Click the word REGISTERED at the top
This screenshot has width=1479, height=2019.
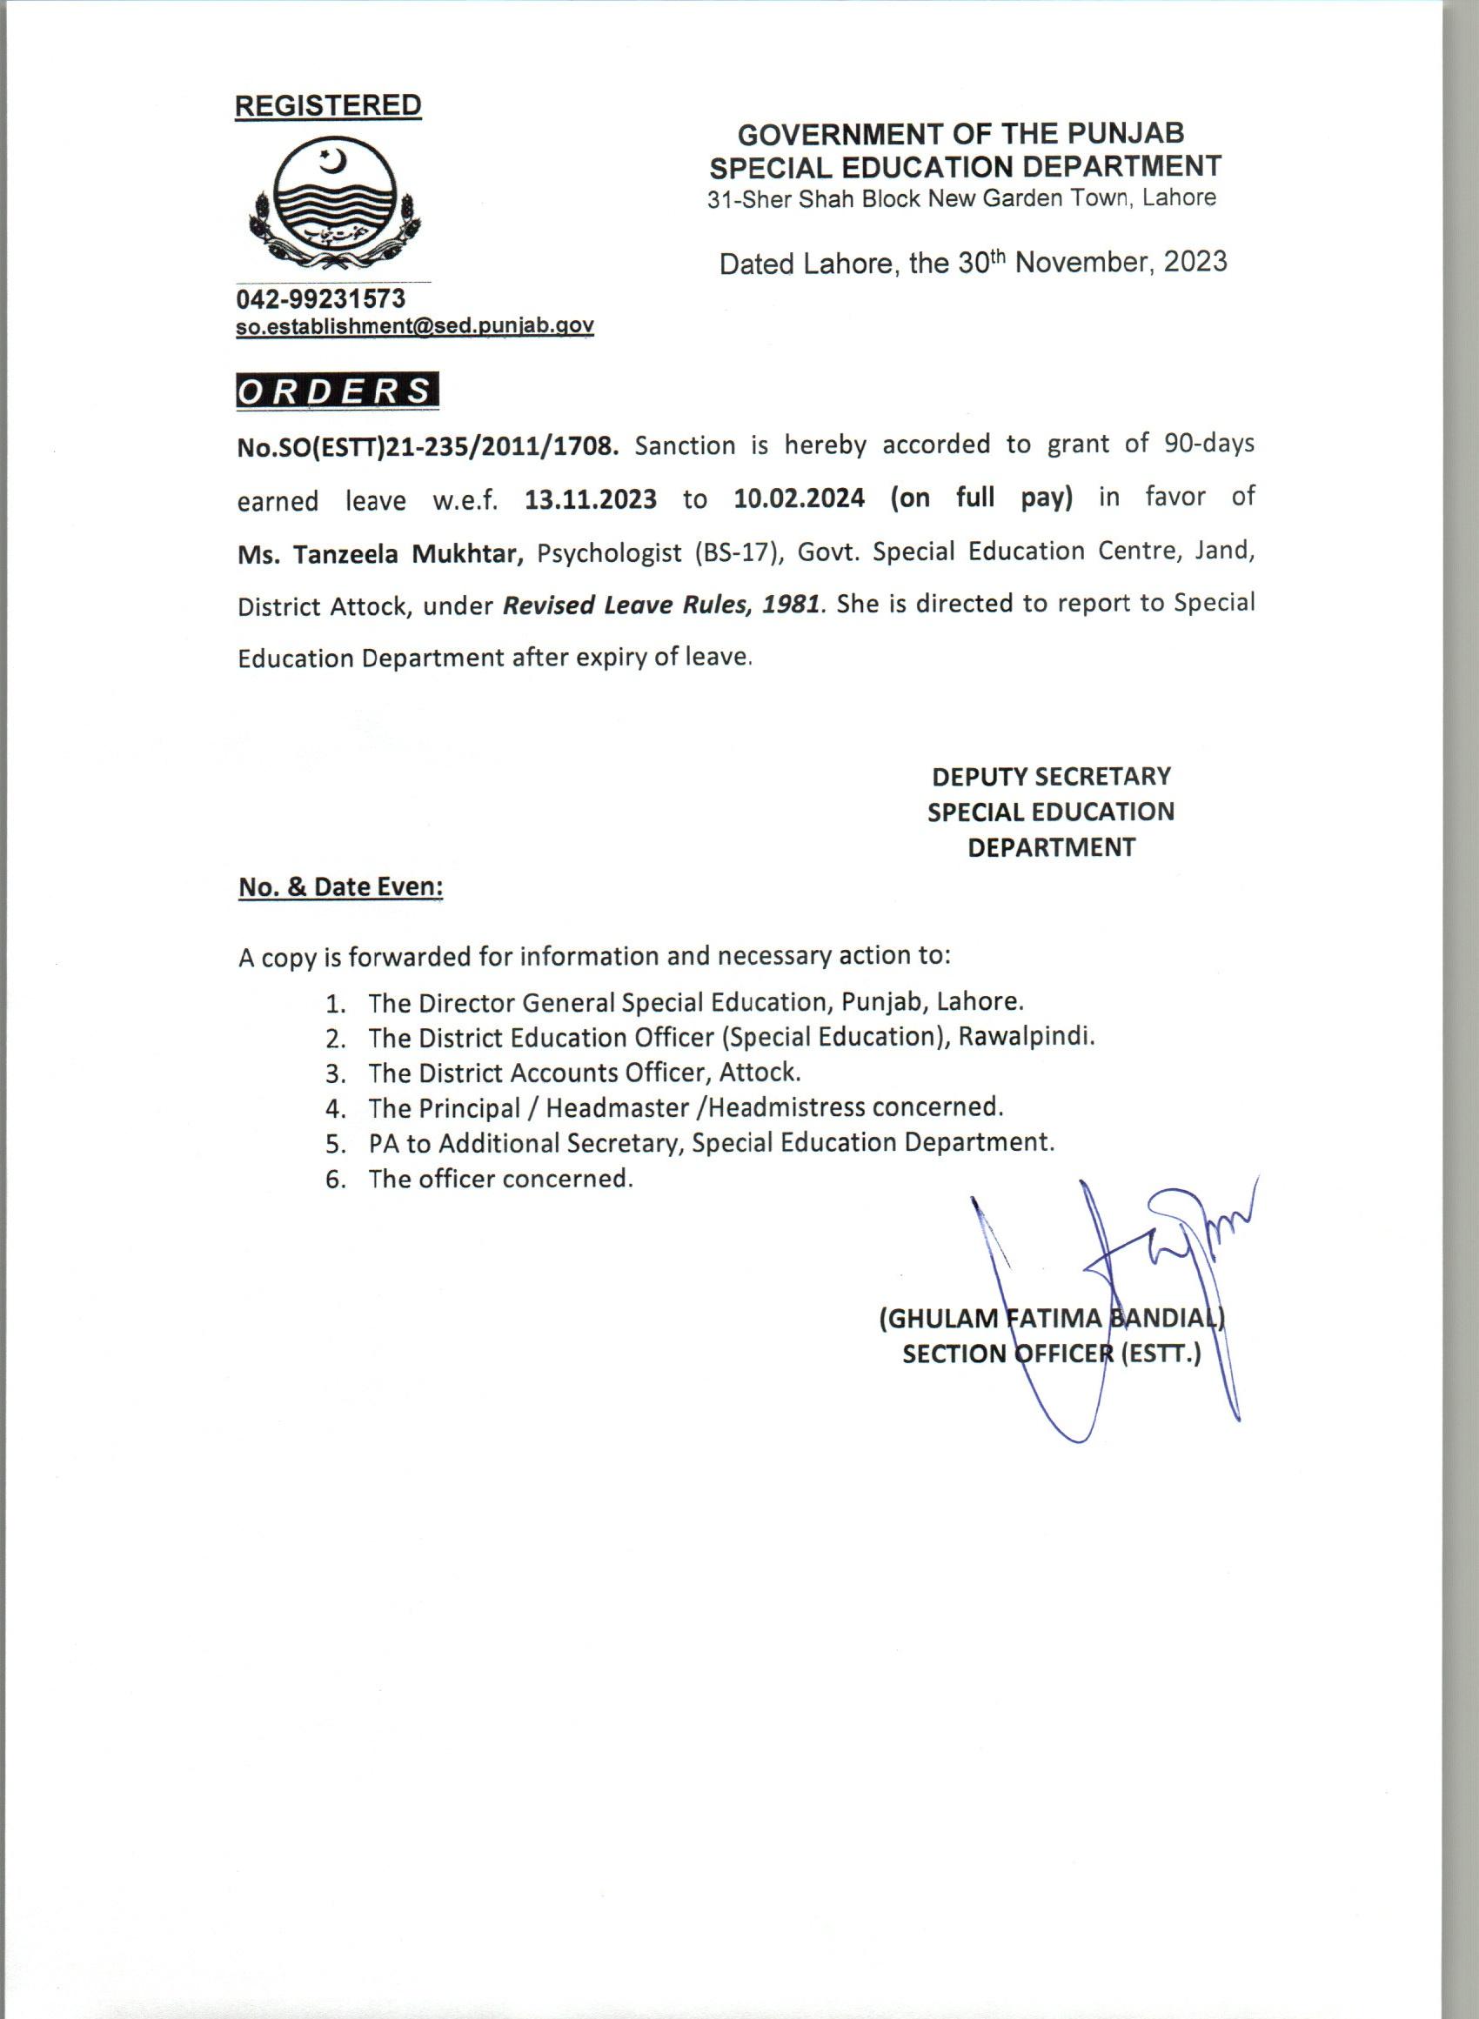pyautogui.click(x=328, y=105)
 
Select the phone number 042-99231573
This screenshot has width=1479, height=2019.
pyautogui.click(x=320, y=298)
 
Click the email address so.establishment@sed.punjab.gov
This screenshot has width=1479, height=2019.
pyautogui.click(x=414, y=327)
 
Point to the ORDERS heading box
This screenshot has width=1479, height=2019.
pyautogui.click(x=338, y=392)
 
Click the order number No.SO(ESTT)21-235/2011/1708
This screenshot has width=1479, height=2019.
pyautogui.click(x=428, y=445)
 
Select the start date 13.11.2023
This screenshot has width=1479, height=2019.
pyautogui.click(x=591, y=498)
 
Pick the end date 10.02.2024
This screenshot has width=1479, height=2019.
pyautogui.click(x=799, y=498)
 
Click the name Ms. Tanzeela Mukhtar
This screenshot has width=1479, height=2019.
pyautogui.click(x=380, y=553)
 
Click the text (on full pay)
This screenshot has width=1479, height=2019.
pyautogui.click(x=981, y=498)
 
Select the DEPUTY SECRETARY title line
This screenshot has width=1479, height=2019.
pyautogui.click(x=1051, y=776)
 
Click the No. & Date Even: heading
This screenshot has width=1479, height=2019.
pyautogui.click(x=341, y=887)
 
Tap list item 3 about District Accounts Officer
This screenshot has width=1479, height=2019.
pyautogui.click(x=582, y=1073)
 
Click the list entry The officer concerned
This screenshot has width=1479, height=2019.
pyautogui.click(x=500, y=1179)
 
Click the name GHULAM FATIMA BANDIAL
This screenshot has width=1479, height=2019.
pyautogui.click(x=1052, y=1318)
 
